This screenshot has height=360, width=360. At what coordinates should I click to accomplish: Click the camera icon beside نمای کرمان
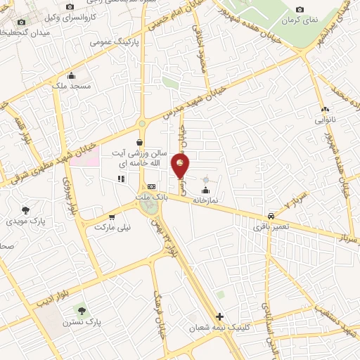tap(300, 9)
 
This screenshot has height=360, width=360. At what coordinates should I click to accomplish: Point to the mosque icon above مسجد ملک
tap(70, 76)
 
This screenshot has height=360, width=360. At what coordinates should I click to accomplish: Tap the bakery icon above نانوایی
tap(324, 110)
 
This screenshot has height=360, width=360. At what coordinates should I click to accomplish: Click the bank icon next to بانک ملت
tap(152, 186)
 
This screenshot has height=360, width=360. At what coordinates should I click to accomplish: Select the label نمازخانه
tap(206, 200)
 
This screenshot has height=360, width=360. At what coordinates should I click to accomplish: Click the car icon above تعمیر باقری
tap(271, 217)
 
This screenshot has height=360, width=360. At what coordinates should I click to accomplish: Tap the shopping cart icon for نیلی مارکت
tap(111, 217)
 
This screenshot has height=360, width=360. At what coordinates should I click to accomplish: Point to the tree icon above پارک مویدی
tap(26, 210)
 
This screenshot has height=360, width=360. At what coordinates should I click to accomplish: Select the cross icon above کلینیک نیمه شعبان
tap(221, 317)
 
